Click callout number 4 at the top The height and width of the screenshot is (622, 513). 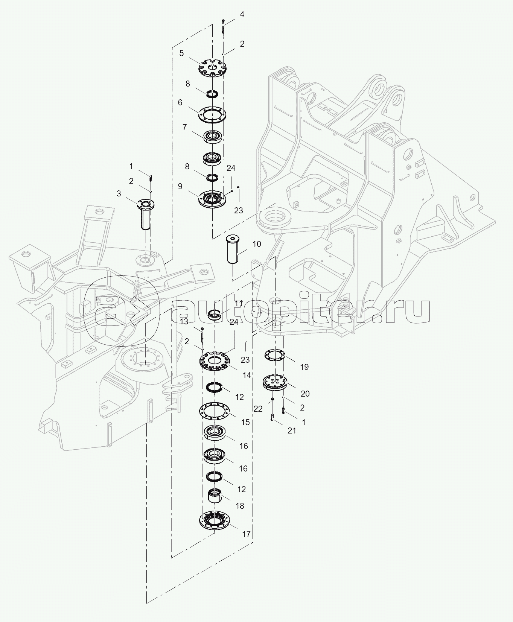[242, 15]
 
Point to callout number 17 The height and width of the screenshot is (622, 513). [246, 534]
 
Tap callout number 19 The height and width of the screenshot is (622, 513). [304, 367]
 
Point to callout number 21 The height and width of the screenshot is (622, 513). [292, 431]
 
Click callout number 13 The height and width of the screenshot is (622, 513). [184, 321]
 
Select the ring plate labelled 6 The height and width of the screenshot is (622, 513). [212, 114]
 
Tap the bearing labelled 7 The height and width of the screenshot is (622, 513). [213, 136]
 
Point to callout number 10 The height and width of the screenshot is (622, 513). [257, 244]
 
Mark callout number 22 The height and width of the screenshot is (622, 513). [258, 409]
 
